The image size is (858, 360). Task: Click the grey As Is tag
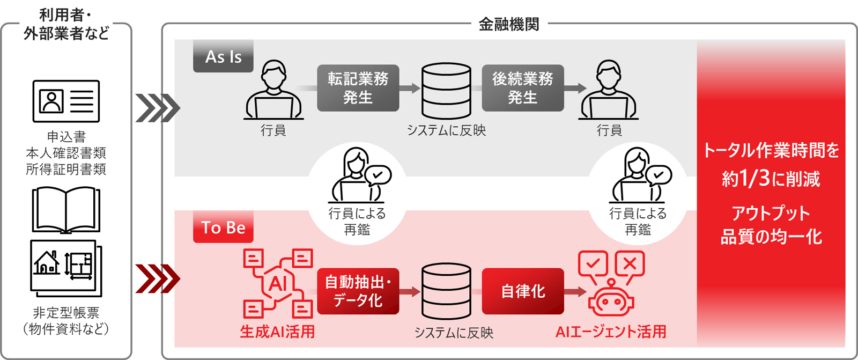click(223, 56)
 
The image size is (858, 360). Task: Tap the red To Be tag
click(223, 227)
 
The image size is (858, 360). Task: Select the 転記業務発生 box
click(358, 88)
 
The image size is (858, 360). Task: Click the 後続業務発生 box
click(523, 88)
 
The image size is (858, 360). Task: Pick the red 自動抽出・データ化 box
click(358, 291)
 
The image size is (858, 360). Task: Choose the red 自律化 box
click(523, 291)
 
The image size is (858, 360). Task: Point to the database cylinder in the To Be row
click(446, 291)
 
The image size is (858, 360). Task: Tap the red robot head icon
click(611, 300)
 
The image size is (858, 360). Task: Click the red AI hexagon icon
click(277, 283)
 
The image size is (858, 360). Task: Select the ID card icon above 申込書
click(66, 101)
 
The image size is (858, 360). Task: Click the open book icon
click(66, 210)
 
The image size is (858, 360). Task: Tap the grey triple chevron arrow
click(157, 108)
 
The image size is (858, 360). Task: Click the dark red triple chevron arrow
click(157, 278)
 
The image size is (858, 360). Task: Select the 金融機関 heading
click(509, 24)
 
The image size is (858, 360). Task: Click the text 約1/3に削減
click(771, 179)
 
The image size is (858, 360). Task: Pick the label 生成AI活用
click(277, 332)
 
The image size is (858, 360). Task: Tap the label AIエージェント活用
click(611, 332)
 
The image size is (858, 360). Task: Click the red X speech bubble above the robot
click(630, 264)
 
